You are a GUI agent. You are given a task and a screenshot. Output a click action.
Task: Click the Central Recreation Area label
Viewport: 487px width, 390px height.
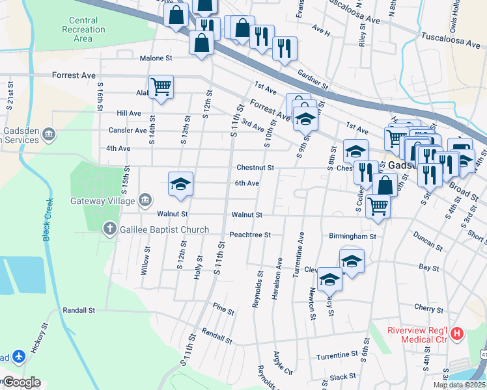tap(83, 29)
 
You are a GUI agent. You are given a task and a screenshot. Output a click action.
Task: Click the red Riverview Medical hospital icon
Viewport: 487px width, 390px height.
tap(457, 334)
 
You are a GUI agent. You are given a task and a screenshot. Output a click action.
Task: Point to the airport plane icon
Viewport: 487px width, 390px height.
tap(20, 357)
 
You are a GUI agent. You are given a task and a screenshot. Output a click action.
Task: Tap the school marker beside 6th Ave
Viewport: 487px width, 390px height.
tap(180, 183)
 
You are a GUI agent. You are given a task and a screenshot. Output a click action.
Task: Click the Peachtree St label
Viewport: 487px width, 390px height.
tap(249, 235)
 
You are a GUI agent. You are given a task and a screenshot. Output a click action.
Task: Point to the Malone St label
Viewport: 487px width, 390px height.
tap(156, 58)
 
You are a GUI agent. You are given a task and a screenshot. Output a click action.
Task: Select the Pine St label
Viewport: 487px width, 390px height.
tap(223, 309)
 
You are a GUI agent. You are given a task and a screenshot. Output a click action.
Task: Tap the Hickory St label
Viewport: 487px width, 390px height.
tap(41, 338)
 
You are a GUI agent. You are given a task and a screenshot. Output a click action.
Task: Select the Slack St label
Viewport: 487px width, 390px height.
tap(342, 377)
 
